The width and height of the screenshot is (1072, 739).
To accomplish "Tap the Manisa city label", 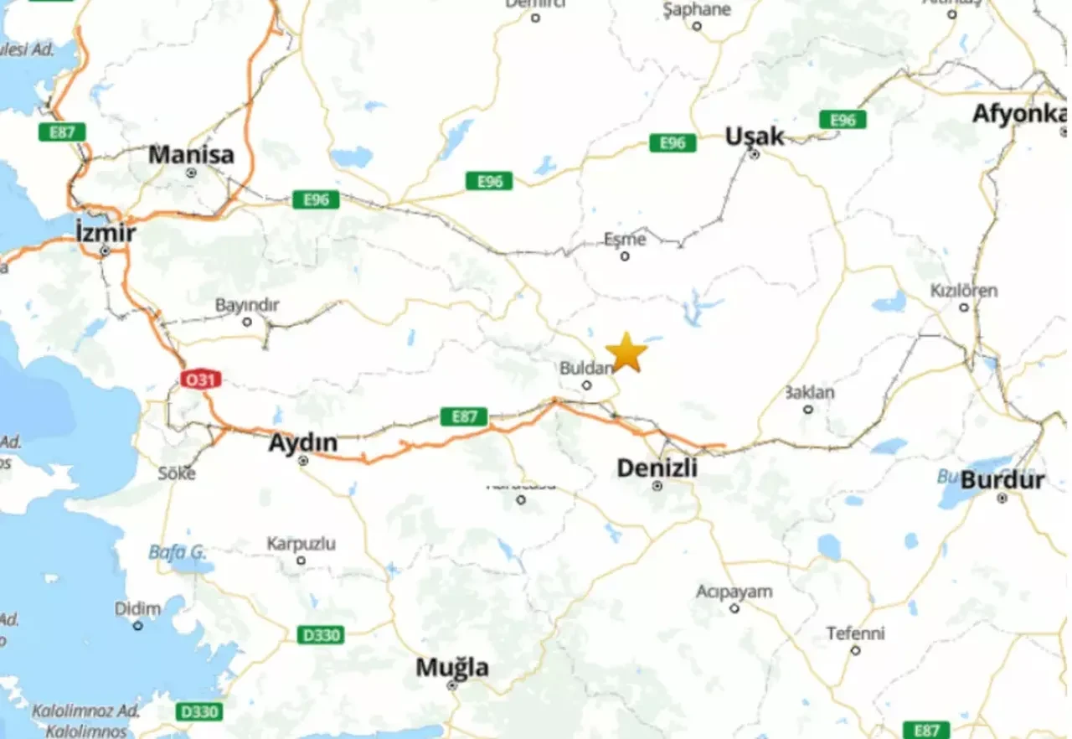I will [x=191, y=155].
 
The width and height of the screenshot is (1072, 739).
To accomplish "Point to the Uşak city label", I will [x=755, y=136].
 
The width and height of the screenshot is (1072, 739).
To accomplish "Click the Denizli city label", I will [x=657, y=468].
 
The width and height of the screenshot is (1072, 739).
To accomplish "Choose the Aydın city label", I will [x=302, y=442].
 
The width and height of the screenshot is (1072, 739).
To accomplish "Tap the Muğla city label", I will [x=452, y=668].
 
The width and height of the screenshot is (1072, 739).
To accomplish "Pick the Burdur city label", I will [x=1002, y=480].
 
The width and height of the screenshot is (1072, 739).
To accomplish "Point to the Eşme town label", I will [x=625, y=240].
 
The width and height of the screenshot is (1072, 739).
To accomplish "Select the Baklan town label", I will [x=809, y=392].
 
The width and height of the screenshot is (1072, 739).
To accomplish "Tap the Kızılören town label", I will [x=964, y=291].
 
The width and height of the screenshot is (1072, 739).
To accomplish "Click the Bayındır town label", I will [x=247, y=305].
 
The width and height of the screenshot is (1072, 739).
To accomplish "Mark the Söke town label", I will [x=177, y=473].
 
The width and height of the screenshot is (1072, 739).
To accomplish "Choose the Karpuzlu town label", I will [x=301, y=544].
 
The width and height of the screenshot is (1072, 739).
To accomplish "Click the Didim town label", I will [x=137, y=608].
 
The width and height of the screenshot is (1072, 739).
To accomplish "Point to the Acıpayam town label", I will [x=734, y=592].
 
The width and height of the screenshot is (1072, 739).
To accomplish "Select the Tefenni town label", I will [x=855, y=633].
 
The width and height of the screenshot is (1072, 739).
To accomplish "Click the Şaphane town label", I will [x=697, y=10].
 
